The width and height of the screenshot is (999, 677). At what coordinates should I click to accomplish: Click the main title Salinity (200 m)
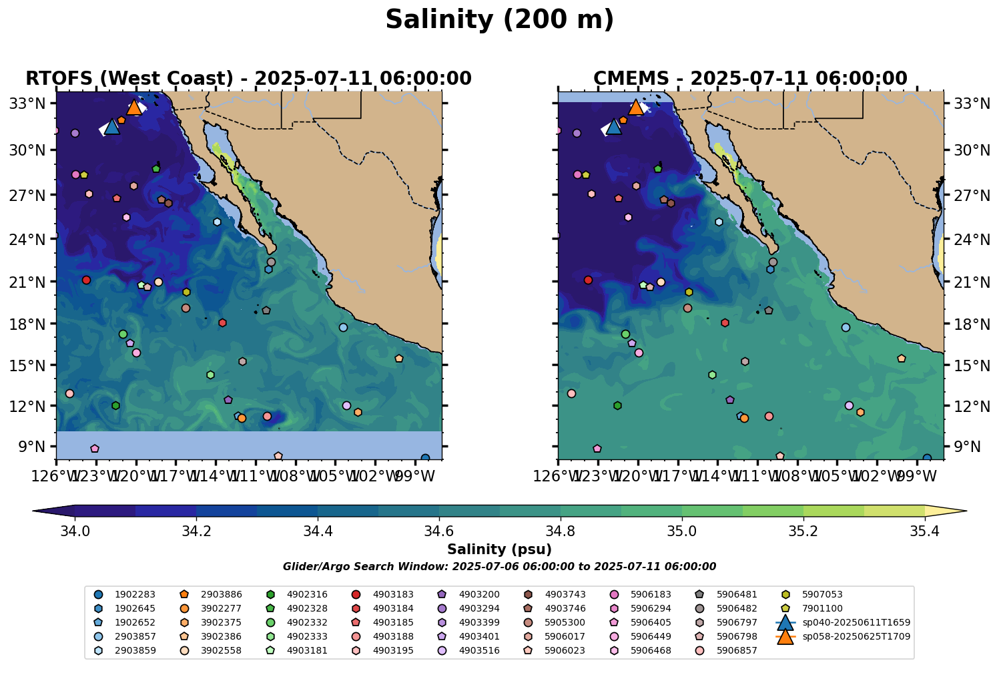pyautogui.click(x=499, y=20)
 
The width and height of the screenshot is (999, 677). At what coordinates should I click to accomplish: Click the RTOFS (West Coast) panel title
pyautogui.click(x=248, y=79)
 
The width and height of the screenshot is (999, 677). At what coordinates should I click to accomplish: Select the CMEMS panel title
pyautogui.click(x=750, y=79)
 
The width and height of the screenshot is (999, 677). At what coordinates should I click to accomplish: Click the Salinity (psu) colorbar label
pyautogui.click(x=499, y=550)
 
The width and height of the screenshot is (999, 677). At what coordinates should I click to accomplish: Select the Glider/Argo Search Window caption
pyautogui.click(x=499, y=567)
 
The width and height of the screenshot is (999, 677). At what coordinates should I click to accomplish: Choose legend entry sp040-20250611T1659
pyautogui.click(x=856, y=622)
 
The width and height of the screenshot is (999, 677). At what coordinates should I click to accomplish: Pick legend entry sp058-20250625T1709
pyautogui.click(x=856, y=636)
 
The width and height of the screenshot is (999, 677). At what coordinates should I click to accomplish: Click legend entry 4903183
pyautogui.click(x=393, y=594)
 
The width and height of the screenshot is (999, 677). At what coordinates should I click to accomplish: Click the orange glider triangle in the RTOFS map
pyautogui.click(x=134, y=107)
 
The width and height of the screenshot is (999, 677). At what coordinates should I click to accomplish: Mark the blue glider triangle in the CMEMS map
pyautogui.click(x=613, y=127)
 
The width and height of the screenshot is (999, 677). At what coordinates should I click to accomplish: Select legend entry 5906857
pyautogui.click(x=736, y=650)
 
